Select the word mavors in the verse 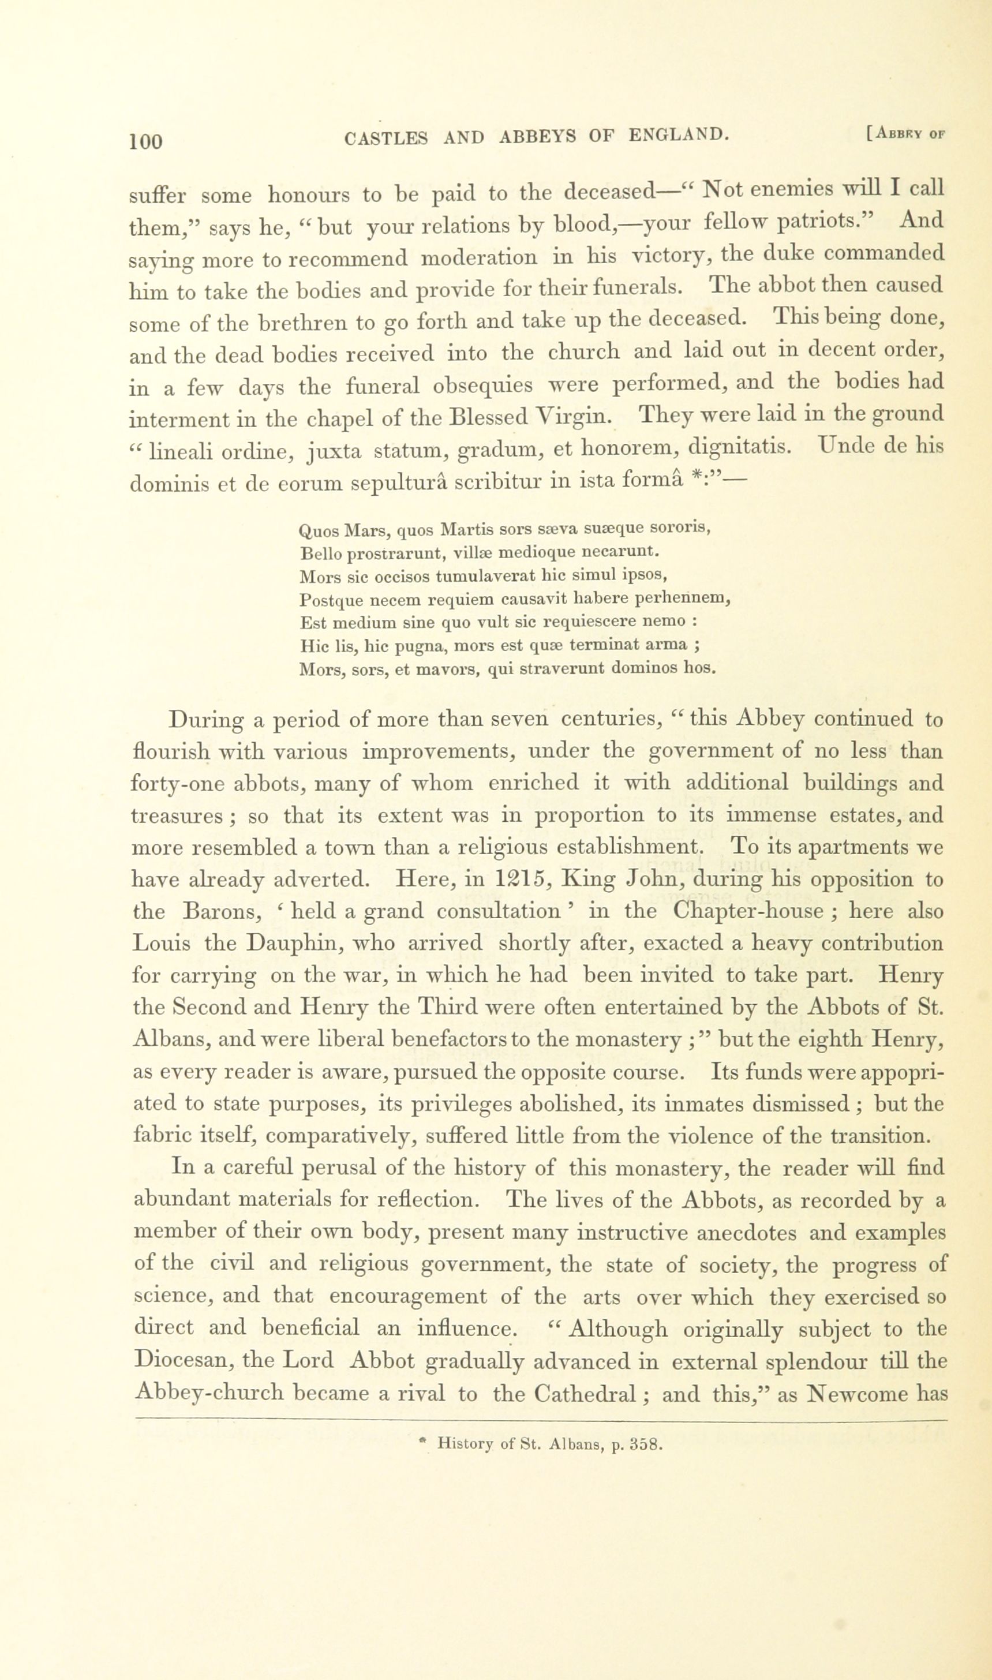tap(443, 668)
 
